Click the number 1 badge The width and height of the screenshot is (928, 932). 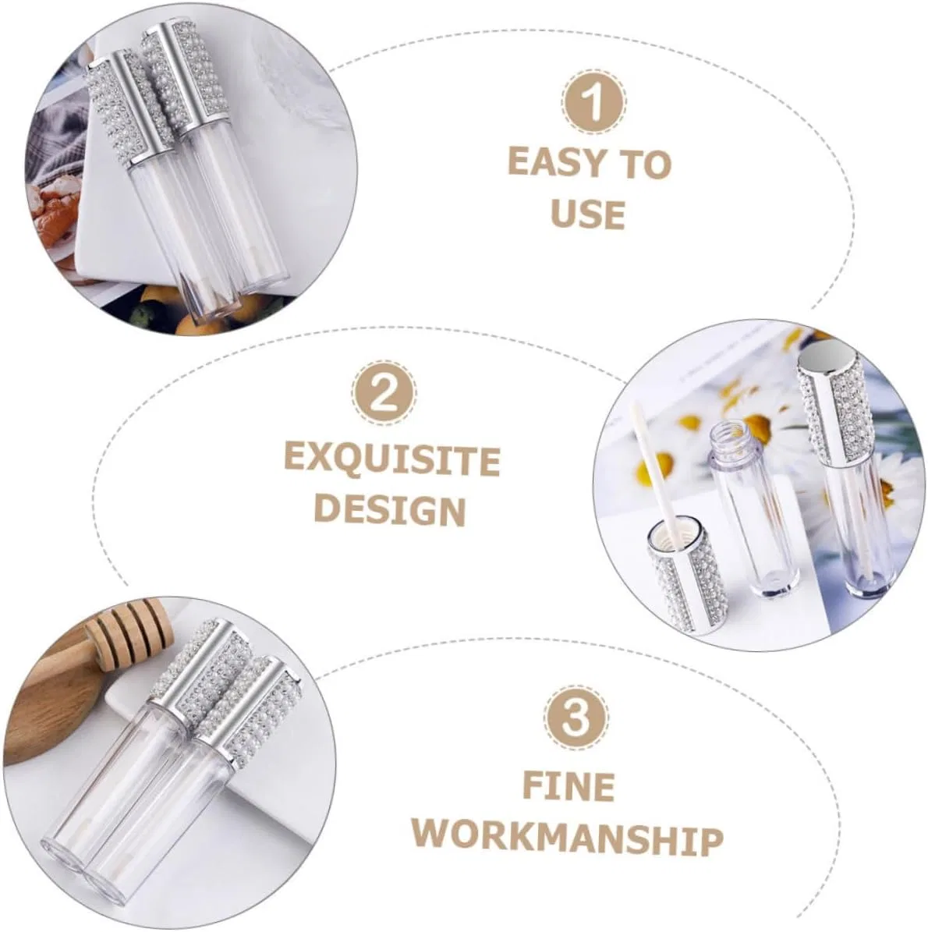[593, 103]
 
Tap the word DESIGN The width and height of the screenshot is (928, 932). [389, 511]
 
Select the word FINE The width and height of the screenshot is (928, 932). [569, 786]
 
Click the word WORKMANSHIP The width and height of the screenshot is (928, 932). [567, 838]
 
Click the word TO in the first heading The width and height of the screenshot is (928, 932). [645, 164]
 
